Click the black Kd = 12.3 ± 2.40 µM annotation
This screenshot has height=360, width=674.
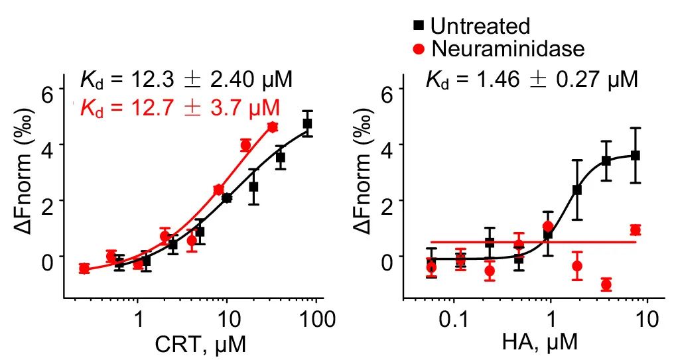click(x=186, y=81)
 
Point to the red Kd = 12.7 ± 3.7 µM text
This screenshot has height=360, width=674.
click(x=179, y=107)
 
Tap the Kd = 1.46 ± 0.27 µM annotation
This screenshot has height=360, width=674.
click(x=531, y=80)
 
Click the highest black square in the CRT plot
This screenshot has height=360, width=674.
click(x=307, y=123)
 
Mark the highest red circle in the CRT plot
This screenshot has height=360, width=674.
click(x=272, y=127)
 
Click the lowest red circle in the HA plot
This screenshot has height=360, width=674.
click(x=606, y=285)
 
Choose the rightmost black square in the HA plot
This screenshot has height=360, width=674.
click(x=636, y=155)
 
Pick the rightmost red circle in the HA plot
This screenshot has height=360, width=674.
click(x=636, y=230)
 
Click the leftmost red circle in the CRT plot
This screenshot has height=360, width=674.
click(x=84, y=269)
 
